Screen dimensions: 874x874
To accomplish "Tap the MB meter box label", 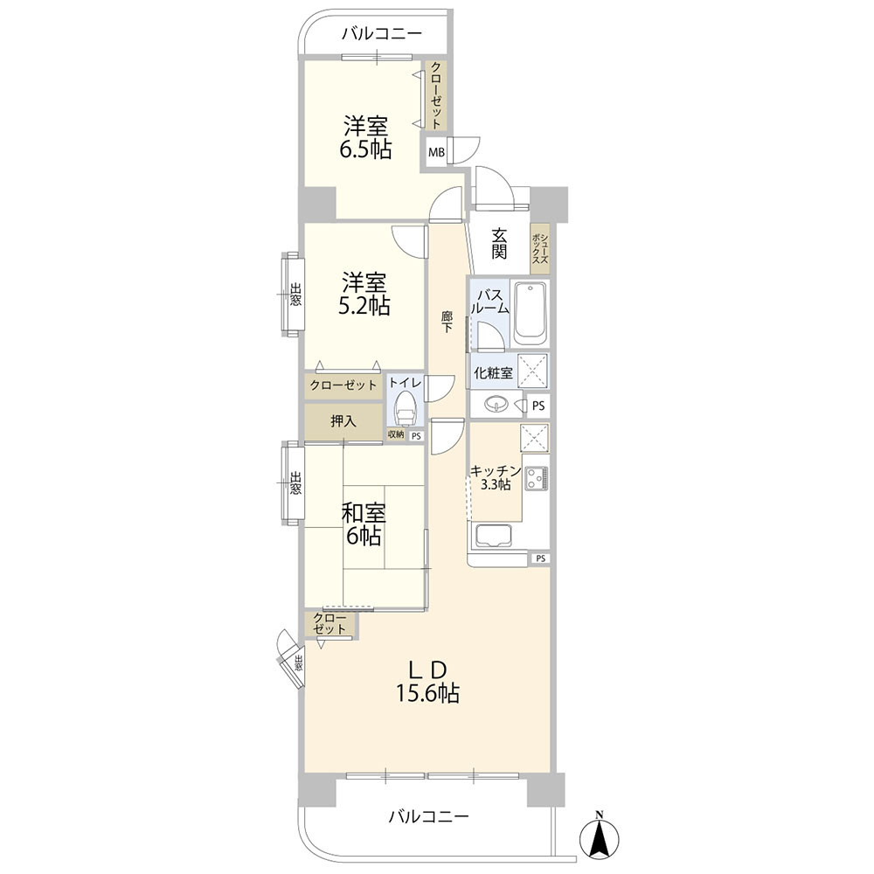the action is coord(436,151).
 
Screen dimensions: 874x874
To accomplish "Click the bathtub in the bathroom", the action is coord(530,315).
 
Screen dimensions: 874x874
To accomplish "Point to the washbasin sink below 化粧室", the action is coord(496,404).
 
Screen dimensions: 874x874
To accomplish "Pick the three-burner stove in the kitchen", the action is coord(535,478).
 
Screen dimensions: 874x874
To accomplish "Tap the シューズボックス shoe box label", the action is coord(540,248).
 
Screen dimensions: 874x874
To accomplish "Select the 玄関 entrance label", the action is coord(499,244).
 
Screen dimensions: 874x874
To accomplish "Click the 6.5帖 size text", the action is coord(365,149).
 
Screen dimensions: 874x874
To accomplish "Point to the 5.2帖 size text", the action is coord(364,306).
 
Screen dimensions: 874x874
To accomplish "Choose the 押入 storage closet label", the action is coord(343,421).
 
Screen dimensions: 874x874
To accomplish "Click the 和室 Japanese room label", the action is coord(364,512).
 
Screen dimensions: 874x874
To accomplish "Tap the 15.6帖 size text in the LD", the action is coord(427,693).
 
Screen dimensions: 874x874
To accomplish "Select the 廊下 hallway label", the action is coord(447,323).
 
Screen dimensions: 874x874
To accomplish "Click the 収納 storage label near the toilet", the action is coord(396,434).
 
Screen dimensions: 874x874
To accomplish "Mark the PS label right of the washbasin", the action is coord(538,406).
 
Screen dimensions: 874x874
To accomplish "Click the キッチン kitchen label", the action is coord(496,471).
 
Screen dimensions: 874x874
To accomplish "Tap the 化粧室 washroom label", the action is coord(493,372).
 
